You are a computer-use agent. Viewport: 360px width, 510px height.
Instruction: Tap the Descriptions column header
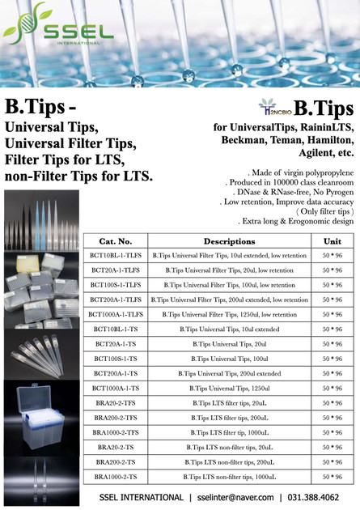click(229, 218)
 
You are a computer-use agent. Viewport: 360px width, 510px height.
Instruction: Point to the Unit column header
click(332, 218)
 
